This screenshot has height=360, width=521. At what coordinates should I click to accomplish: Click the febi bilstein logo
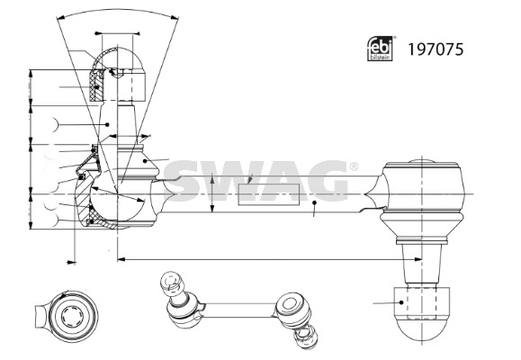tap(380, 49)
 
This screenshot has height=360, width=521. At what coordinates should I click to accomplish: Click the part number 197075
tap(436, 49)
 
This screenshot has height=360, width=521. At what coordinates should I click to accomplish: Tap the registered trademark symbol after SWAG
tap(354, 166)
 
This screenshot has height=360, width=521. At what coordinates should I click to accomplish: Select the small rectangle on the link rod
tap(269, 194)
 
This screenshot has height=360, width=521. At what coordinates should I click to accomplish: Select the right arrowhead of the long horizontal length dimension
tap(418, 259)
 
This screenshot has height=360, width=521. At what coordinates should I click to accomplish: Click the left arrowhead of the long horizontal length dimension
tap(121, 259)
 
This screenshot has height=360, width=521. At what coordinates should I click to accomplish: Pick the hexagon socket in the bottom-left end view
tap(73, 316)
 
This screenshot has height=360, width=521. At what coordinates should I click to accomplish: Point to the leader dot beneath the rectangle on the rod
tap(314, 202)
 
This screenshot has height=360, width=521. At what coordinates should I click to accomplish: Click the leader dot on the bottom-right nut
tap(401, 302)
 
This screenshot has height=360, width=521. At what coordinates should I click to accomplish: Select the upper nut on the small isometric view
tap(172, 283)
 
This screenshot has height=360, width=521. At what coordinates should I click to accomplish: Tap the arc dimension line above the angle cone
tap(118, 11)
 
